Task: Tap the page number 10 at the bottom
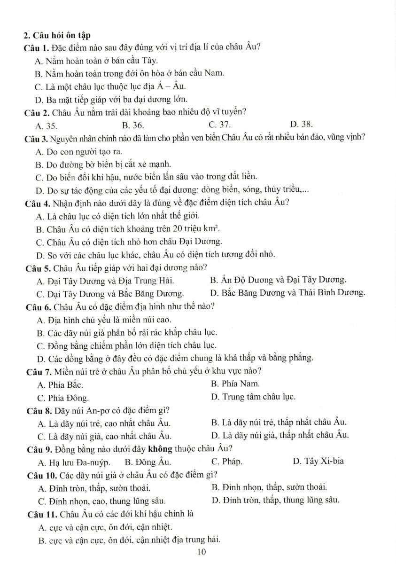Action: [202, 552]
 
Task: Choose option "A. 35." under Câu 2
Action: [47, 125]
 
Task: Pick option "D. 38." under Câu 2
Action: [302, 125]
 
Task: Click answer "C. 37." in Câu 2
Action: [219, 125]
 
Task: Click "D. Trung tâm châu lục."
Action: [253, 397]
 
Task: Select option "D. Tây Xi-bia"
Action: [318, 461]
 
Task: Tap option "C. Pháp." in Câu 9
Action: [227, 461]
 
